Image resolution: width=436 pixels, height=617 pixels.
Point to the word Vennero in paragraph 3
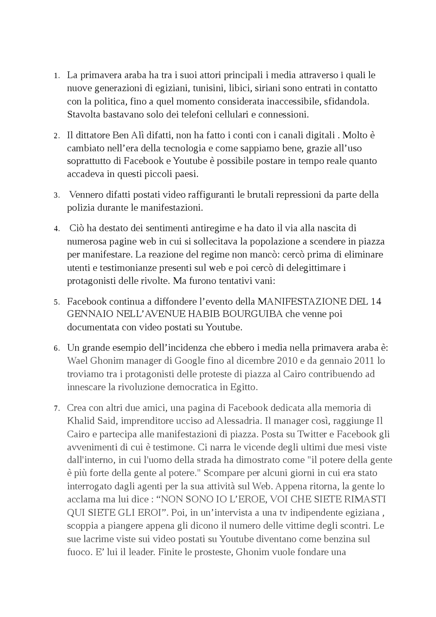click(84, 195)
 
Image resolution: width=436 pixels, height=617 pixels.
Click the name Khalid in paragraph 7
click(79, 421)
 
